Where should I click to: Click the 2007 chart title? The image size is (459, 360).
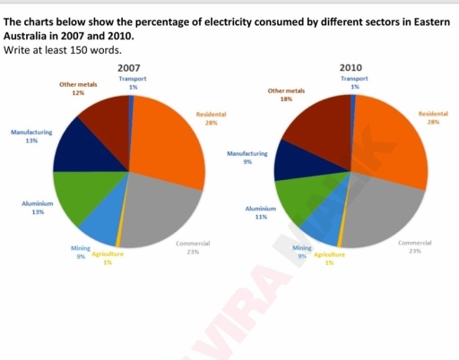[129, 69]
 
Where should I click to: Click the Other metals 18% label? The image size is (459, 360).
[286, 95]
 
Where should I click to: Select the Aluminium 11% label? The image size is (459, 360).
[261, 212]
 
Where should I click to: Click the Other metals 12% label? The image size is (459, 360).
[77, 88]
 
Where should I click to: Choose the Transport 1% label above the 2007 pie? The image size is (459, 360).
[133, 83]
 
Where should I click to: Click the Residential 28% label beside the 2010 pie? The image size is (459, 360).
[433, 119]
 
